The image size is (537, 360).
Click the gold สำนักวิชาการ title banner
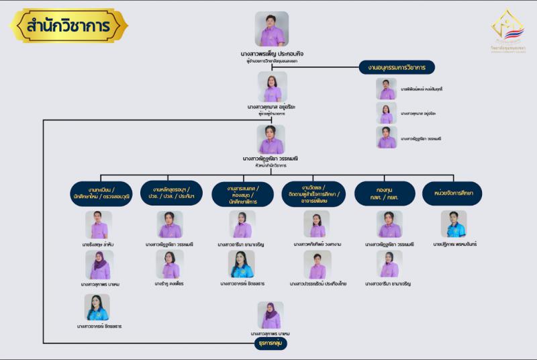pyautogui.click(x=68, y=26)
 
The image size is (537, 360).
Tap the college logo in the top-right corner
pyautogui.click(x=507, y=34)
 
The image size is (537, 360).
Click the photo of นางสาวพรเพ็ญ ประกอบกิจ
pyautogui.click(x=271, y=29)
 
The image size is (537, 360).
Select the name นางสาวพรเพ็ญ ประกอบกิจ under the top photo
pyautogui.click(x=272, y=52)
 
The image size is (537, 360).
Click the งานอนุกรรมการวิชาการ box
pyautogui.click(x=397, y=67)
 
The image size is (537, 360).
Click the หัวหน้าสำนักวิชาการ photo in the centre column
pyautogui.click(x=271, y=139)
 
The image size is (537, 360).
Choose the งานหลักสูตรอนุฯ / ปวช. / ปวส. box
pyautogui.click(x=171, y=193)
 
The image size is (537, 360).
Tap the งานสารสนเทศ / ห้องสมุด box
pyautogui.click(x=242, y=193)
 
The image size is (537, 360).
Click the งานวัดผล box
pyautogui.click(x=315, y=193)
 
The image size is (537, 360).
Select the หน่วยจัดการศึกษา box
pyautogui.click(x=452, y=193)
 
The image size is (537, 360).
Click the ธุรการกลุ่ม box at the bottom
pyautogui.click(x=272, y=343)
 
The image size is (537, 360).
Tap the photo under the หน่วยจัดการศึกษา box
pyautogui.click(x=453, y=224)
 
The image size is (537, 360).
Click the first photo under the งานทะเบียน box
pyautogui.click(x=98, y=225)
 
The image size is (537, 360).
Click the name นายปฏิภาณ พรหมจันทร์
pyautogui.click(x=454, y=244)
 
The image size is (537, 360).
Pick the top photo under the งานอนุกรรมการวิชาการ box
pyautogui.click(x=387, y=89)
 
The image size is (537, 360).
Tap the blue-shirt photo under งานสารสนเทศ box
pyautogui.click(x=242, y=264)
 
